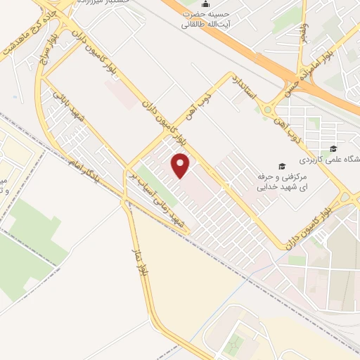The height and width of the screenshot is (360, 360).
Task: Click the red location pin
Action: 181,166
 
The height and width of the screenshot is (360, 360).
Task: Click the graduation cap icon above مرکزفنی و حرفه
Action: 282,167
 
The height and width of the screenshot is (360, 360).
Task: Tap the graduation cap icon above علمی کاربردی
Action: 333,148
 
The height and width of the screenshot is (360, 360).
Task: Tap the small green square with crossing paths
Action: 236,342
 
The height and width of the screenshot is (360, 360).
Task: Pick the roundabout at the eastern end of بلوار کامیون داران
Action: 345,198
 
